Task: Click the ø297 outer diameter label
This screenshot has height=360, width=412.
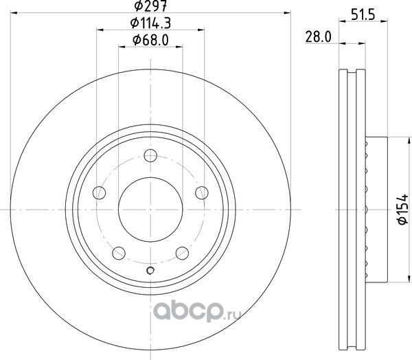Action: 150,5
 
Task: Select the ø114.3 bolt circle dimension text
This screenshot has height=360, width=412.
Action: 150,23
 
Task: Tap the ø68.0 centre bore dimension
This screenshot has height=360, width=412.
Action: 150,40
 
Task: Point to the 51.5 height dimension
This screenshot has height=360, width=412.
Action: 363,14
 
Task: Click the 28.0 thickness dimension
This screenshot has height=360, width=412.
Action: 318,37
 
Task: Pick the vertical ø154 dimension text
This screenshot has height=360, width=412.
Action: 403,210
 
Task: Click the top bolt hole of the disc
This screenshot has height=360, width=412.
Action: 150,155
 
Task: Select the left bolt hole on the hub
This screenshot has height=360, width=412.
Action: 100,193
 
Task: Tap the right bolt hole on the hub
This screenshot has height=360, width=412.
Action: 202,193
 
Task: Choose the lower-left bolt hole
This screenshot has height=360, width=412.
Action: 119,254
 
